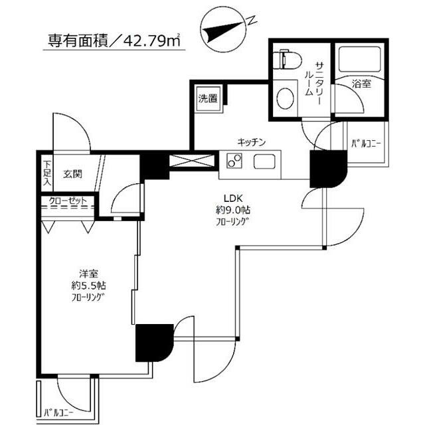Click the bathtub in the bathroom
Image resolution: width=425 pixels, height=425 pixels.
coord(359,62)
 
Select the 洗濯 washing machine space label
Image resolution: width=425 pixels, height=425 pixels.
coord(207,100)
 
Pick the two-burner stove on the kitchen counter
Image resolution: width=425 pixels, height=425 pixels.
coord(234,161)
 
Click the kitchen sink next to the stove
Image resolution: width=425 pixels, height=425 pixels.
coord(264,161)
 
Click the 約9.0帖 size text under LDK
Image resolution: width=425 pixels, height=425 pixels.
coord(235,210)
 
